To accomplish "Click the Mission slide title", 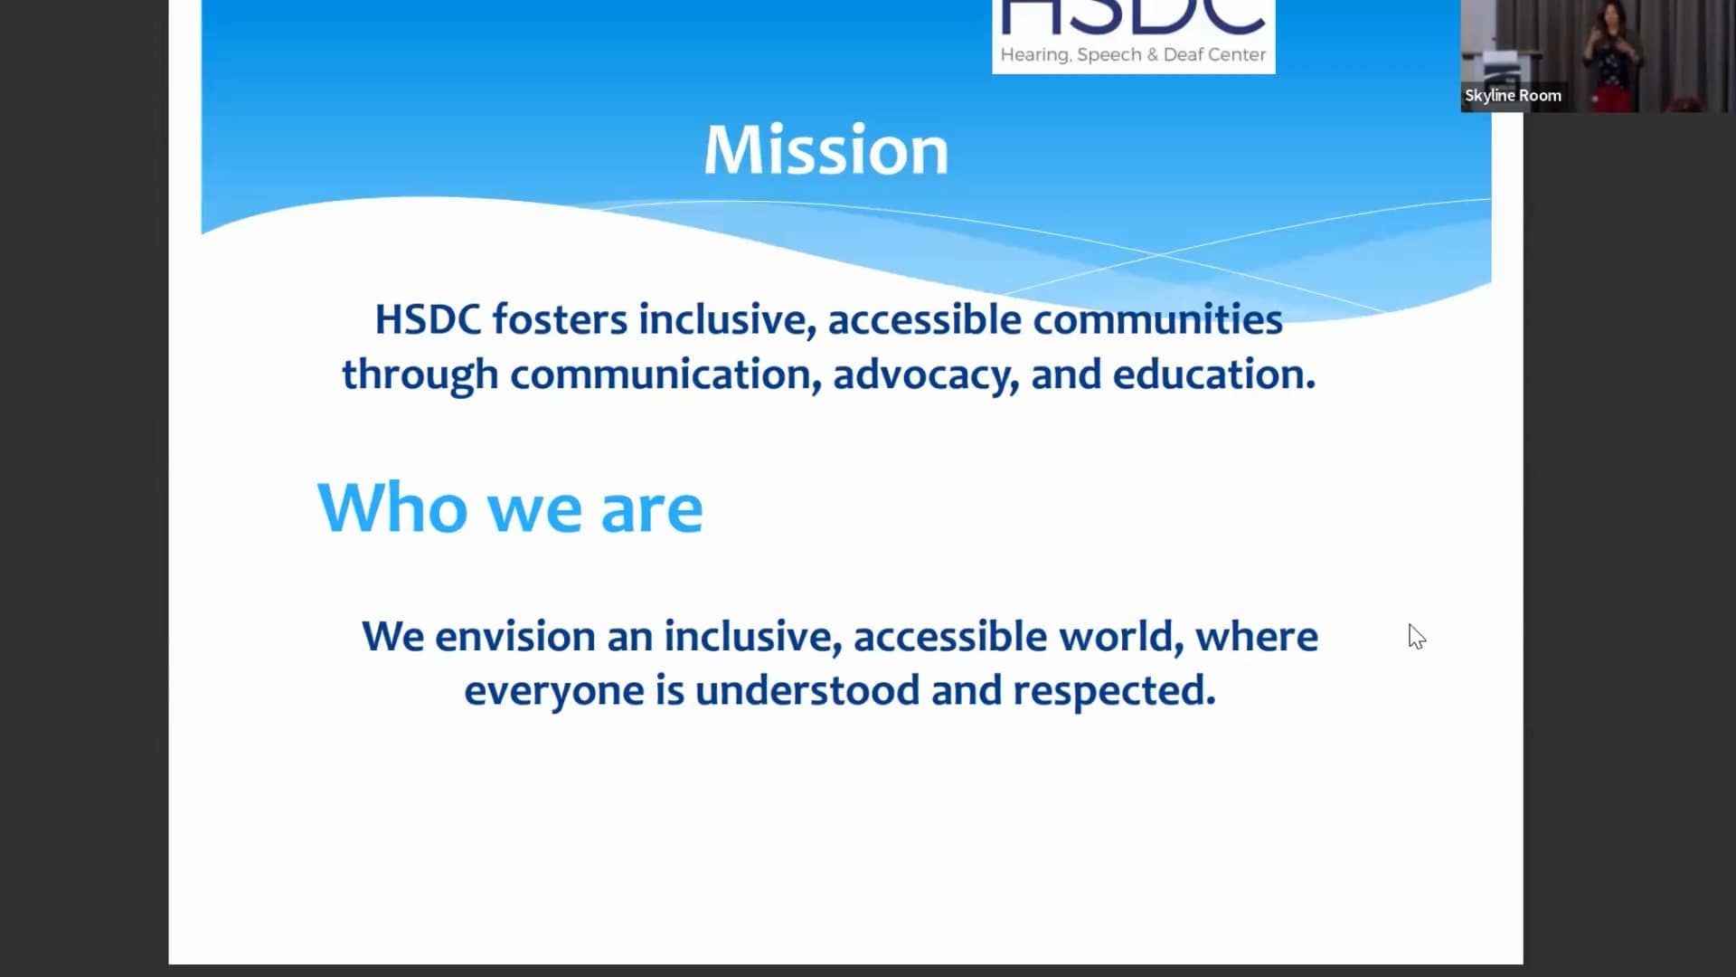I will [826, 149].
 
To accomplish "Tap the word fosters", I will [559, 319].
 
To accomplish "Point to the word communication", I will [660, 375].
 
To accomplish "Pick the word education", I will [1212, 375].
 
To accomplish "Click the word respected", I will [1113, 691].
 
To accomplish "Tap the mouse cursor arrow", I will [1415, 636].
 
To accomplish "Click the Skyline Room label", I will [1513, 95].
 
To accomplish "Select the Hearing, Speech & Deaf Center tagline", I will [1132, 55].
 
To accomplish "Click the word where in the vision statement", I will [1256, 637].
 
